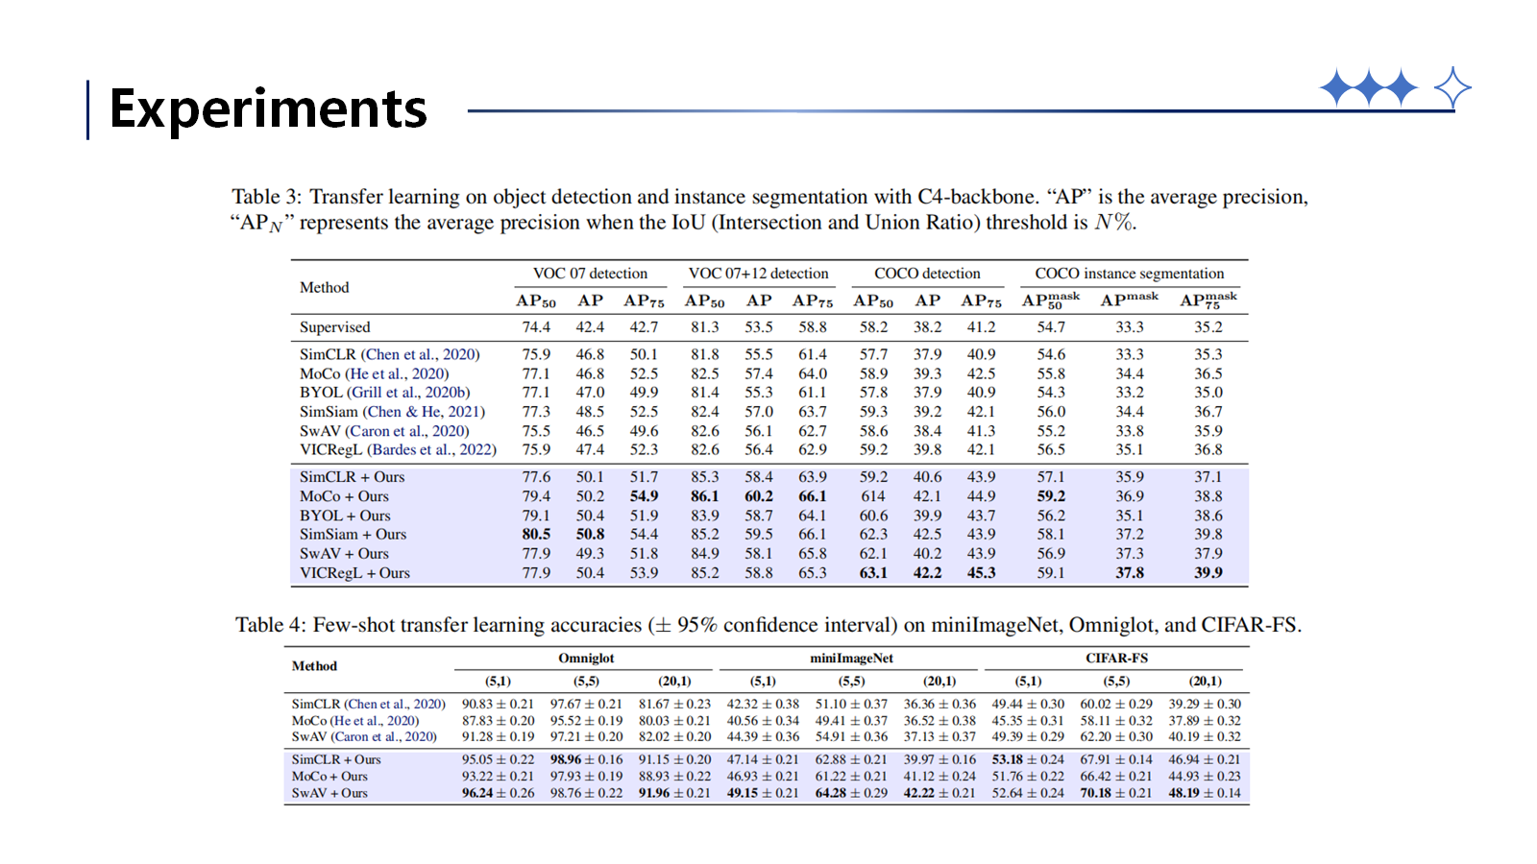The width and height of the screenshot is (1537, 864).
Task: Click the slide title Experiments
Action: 268,109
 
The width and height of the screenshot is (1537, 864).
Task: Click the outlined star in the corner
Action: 1452,87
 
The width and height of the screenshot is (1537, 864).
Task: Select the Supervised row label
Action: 335,327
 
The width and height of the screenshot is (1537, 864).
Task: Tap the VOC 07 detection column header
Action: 590,273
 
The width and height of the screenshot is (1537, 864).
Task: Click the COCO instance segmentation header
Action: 1130,273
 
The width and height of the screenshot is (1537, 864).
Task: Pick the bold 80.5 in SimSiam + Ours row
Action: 536,534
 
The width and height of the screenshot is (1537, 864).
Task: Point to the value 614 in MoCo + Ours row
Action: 873,495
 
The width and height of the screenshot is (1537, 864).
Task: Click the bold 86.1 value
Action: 705,495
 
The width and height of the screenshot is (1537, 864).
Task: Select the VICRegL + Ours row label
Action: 354,572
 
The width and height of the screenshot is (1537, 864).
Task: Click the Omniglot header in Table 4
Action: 586,659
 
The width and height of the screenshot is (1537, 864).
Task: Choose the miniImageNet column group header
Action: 851,659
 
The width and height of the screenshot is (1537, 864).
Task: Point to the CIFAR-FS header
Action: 1116,659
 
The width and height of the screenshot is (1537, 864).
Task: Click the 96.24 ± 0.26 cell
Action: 499,793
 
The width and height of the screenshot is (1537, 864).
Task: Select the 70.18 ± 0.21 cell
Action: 1116,793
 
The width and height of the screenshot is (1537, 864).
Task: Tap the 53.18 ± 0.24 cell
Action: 1028,759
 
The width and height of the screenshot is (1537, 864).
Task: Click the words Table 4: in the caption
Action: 270,625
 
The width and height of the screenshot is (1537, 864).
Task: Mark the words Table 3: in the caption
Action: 266,197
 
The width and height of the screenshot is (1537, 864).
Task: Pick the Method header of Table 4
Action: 314,666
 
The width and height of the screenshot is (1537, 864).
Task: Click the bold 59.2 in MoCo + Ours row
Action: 1051,495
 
